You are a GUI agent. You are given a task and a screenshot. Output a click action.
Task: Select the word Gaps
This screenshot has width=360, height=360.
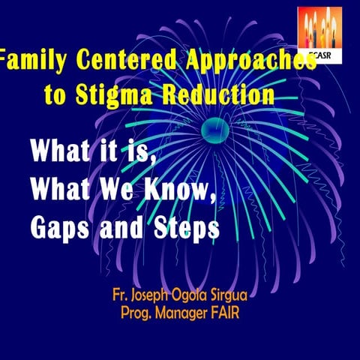[62, 227]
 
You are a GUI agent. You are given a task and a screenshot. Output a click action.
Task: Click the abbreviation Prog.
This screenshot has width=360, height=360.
[138, 310]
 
